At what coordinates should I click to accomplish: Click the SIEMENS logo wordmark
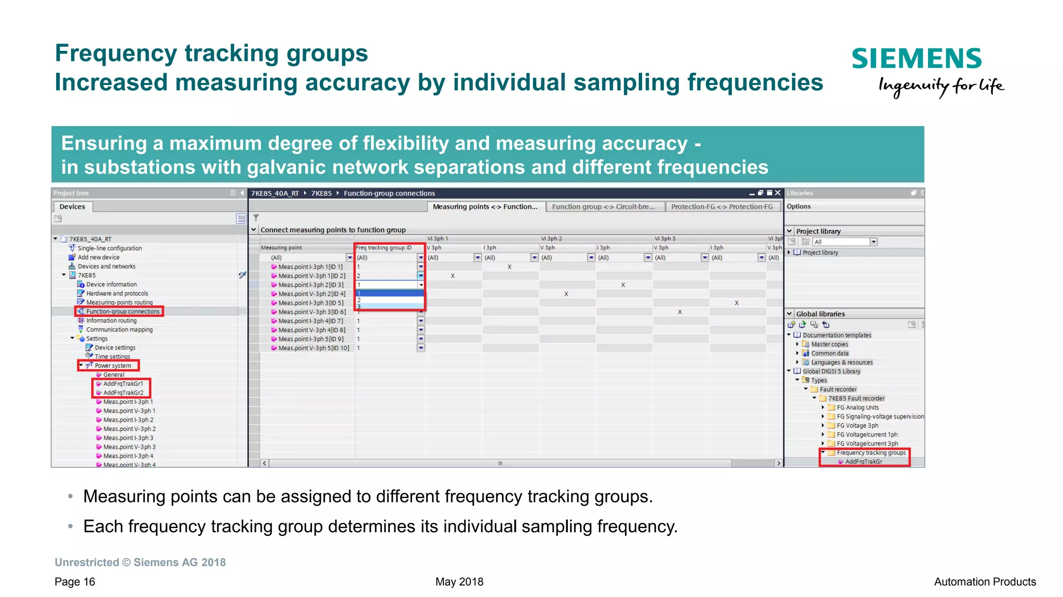coord(916,59)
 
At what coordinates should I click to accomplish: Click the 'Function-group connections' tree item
coord(122,312)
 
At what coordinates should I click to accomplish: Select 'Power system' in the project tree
coord(113,366)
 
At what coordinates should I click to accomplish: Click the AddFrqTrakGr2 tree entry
coord(123,393)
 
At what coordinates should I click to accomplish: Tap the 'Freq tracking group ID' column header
coord(384,248)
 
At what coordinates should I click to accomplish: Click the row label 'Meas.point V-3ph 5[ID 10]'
coord(314,348)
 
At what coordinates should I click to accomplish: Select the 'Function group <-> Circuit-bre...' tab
coord(603,206)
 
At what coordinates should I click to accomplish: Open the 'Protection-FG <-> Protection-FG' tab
coord(721,206)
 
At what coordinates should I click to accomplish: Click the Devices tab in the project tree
coord(72,206)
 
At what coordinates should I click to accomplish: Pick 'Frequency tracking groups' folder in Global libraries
coord(871,453)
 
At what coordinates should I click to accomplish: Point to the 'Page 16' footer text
coord(75,581)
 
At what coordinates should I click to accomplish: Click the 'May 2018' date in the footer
coord(459,581)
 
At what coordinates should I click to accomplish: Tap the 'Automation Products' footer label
coord(985,581)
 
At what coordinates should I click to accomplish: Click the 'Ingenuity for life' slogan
coord(941,86)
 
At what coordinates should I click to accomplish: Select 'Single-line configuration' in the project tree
coord(110,248)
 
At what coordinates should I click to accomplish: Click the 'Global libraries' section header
coord(820,314)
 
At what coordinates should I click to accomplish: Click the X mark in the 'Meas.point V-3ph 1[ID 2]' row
coord(453,276)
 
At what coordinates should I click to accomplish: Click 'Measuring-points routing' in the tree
coord(119,302)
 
